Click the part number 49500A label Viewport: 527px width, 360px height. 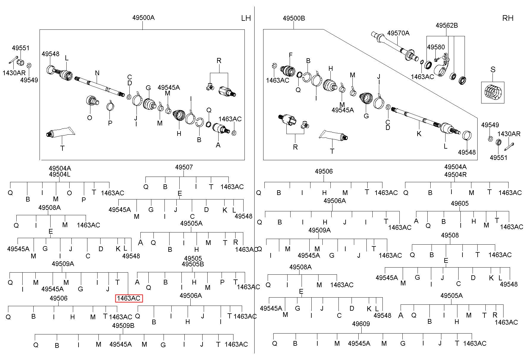click(143, 18)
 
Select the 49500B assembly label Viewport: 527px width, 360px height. click(294, 18)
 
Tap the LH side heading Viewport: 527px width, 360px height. click(246, 18)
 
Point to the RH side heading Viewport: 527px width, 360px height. click(508, 18)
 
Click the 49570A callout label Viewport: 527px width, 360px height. click(398, 33)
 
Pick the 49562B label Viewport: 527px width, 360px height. click(447, 26)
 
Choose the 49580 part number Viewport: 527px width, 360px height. click(436, 47)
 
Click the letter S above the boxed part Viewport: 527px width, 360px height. click(493, 70)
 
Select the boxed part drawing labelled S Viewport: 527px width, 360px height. click(493, 92)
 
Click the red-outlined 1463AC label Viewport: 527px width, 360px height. click(129, 298)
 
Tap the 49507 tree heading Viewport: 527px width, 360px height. click(184, 167)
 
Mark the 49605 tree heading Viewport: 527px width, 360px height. click(459, 204)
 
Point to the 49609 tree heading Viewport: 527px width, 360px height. click(361, 324)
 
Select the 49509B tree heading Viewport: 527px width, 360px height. click(123, 326)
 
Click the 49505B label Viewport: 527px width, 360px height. click(193, 264)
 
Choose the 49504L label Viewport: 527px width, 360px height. click(60, 175)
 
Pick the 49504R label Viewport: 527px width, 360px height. click(455, 175)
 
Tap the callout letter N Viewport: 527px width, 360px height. click(97, 73)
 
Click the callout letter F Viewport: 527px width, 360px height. click(291, 55)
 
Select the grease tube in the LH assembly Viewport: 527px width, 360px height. click(59, 133)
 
